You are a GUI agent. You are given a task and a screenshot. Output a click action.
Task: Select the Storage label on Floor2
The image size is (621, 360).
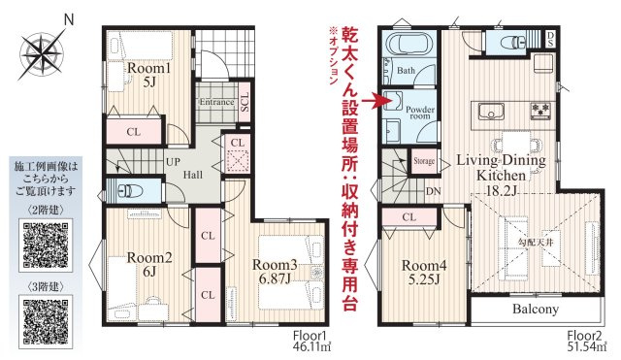[424, 161]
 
